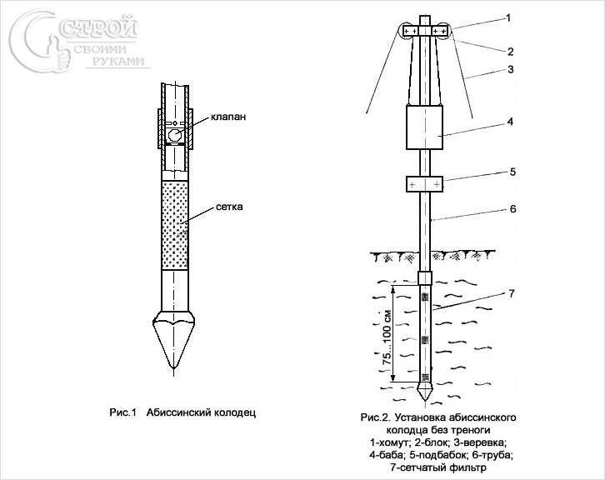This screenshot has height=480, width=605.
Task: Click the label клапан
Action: (228, 117)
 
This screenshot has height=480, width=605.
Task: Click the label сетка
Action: (229, 207)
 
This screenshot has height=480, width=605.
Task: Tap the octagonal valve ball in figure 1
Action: (174, 136)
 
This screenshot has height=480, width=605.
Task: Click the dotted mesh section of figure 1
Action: (175, 225)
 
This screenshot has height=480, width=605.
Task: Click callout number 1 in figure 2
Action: (508, 17)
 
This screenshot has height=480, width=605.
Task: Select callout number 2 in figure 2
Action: (510, 52)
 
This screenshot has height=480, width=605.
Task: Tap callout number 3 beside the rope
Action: (511, 70)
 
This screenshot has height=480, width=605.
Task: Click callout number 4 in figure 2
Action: (510, 122)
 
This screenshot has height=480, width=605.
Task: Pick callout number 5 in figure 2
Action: (512, 172)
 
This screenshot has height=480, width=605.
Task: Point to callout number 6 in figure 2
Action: (512, 208)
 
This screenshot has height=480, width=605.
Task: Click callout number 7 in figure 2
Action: (511, 294)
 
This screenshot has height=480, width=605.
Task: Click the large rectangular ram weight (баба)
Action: (424, 127)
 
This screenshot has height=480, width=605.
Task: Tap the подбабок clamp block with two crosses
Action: (424, 184)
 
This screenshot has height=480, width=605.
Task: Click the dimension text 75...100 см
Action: (387, 338)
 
